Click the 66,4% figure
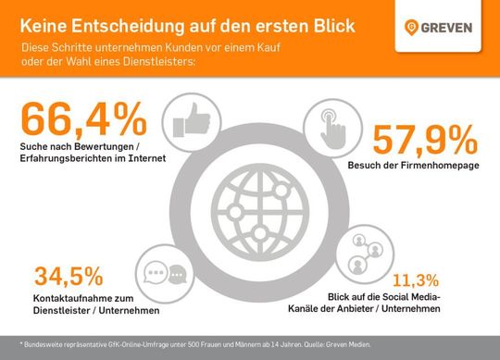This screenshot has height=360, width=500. (x=82, y=120)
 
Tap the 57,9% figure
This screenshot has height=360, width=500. (x=423, y=139)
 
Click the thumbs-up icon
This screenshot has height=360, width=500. (x=187, y=123)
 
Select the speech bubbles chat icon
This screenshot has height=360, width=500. (x=167, y=277)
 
